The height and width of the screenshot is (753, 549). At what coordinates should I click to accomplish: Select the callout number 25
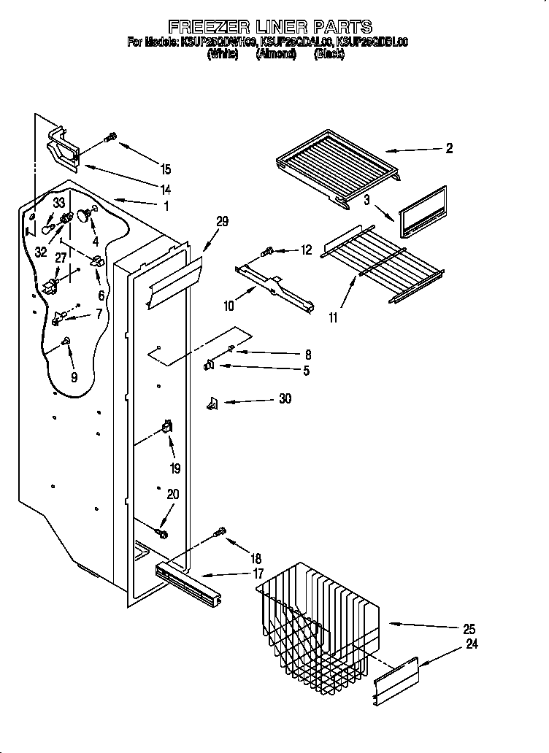pyautogui.click(x=469, y=630)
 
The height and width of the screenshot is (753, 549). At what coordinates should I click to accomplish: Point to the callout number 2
pyautogui.click(x=449, y=148)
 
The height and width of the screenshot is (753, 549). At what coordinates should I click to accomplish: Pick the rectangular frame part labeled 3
pyautogui.click(x=422, y=212)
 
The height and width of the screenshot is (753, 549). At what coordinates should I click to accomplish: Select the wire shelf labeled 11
pyautogui.click(x=383, y=262)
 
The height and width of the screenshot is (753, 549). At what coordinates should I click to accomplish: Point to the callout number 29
pyautogui.click(x=222, y=222)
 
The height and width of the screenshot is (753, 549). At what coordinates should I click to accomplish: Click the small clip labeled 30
pyautogui.click(x=213, y=401)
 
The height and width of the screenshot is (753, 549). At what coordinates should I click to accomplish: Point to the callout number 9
pyautogui.click(x=72, y=377)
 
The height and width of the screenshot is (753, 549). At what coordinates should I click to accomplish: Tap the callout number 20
pyautogui.click(x=172, y=494)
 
